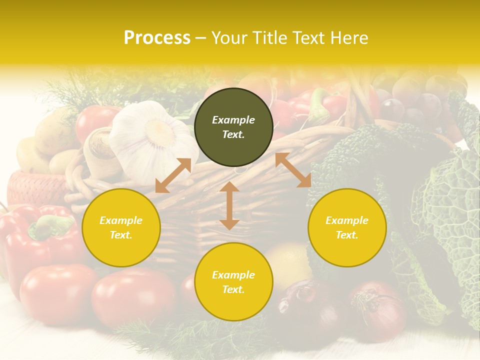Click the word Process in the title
click(x=157, y=38)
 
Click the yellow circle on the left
click(x=121, y=227)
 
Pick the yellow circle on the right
click(x=347, y=227)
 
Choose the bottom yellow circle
click(x=233, y=281)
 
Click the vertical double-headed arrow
click(x=229, y=205)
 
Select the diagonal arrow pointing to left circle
click(x=173, y=175)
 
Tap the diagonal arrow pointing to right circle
click(x=293, y=170)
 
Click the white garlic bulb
click(x=152, y=135)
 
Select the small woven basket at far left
click(x=35, y=187)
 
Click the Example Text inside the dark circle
click(x=233, y=127)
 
